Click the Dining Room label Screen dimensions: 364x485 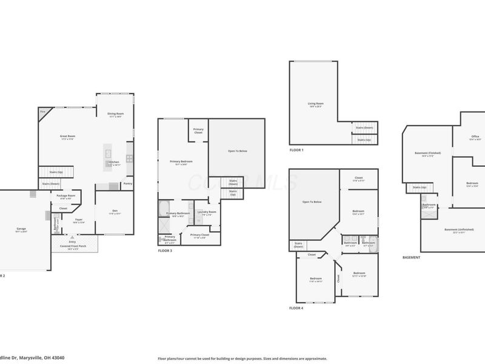coord(115,114)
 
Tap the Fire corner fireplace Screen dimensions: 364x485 coord(44,113)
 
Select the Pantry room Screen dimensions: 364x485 coord(127,183)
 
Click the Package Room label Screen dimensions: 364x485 coord(65,196)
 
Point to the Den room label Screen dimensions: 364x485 coord(115,211)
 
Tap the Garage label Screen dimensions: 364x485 coord(21,229)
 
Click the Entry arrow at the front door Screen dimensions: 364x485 coord(72,238)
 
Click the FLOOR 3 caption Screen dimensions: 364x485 coord(166,251)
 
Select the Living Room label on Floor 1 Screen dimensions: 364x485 coord(315,104)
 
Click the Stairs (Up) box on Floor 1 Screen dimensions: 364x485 coord(364,140)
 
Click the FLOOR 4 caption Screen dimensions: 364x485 coord(296,308)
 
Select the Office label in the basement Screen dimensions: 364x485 coord(475,137)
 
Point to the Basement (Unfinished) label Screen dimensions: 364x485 coord(458,229)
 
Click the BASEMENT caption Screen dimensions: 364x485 coord(411,257)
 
